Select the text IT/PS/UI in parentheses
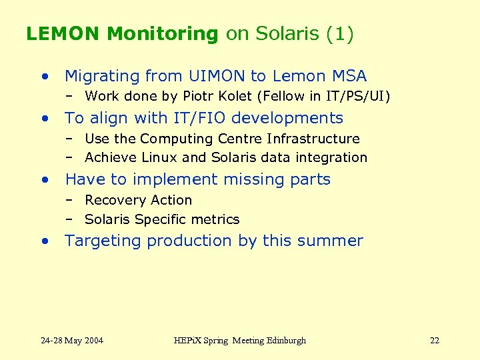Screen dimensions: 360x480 [x=355, y=96]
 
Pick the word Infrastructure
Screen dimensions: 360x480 [x=313, y=139]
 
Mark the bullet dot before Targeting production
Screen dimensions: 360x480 [x=44, y=241]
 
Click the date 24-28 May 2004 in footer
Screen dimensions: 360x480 [x=72, y=341]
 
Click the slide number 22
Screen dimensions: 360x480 [x=435, y=341]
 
